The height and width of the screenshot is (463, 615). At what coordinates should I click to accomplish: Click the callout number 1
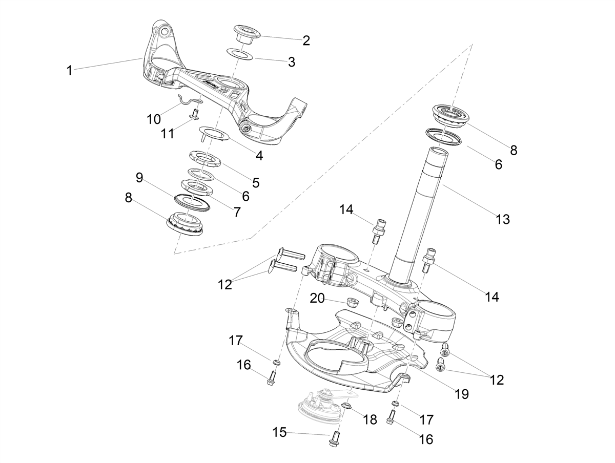click(x=69, y=70)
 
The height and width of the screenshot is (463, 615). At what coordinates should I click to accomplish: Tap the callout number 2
click(x=306, y=40)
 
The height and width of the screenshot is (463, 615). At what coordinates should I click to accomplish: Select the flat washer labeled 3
click(x=240, y=54)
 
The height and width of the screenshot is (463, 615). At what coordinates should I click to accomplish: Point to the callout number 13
click(x=503, y=219)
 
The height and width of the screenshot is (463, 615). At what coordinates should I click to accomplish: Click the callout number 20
click(x=317, y=299)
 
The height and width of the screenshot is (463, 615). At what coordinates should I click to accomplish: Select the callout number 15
click(x=280, y=432)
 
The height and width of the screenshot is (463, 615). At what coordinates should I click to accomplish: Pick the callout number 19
click(x=461, y=394)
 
